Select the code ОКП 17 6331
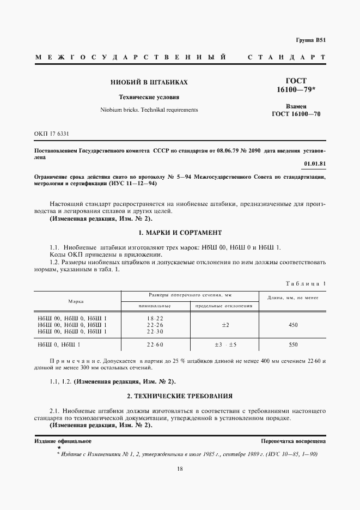[x=52, y=133]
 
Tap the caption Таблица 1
[x=306, y=283]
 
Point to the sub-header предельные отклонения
[x=224, y=306]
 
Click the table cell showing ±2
[x=224, y=325]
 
